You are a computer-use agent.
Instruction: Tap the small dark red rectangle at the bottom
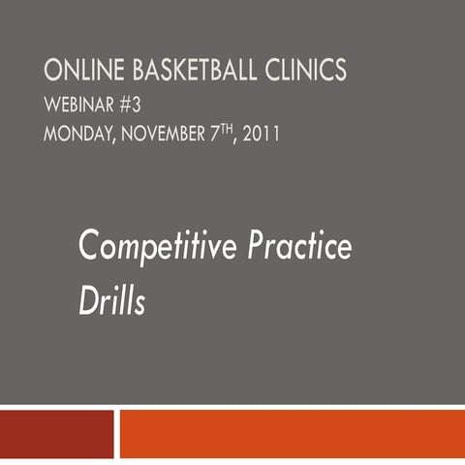[56, 433]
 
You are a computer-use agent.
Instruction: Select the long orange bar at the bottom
[292, 433]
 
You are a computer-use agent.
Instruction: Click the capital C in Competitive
[89, 248]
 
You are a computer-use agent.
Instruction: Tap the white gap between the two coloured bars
[117, 433]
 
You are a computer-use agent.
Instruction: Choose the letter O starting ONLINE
[52, 72]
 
